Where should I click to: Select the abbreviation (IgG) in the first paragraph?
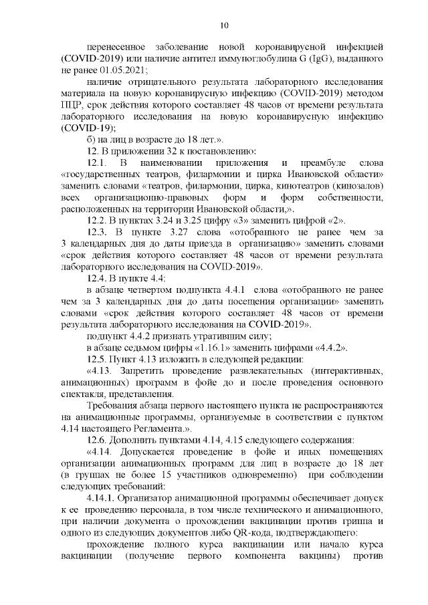327,58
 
